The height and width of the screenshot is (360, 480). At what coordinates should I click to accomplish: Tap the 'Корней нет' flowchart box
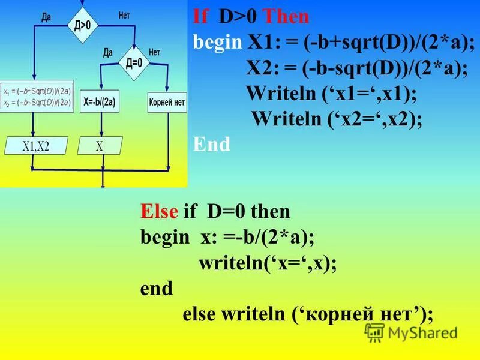click(167, 102)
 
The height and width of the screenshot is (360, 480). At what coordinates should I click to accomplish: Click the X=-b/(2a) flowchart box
click(99, 102)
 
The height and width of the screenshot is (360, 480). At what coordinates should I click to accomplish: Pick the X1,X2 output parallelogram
click(36, 145)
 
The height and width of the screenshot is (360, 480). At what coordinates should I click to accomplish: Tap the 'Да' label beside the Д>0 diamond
click(46, 17)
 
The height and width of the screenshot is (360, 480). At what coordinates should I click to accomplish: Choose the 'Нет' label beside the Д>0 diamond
click(124, 16)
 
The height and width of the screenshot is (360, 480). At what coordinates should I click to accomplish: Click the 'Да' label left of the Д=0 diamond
click(108, 52)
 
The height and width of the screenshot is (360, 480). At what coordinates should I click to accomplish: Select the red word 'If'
click(202, 17)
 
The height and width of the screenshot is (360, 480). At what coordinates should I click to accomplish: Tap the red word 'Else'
click(159, 212)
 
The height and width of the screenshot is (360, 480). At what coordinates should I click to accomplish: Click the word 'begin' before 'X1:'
click(216, 43)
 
